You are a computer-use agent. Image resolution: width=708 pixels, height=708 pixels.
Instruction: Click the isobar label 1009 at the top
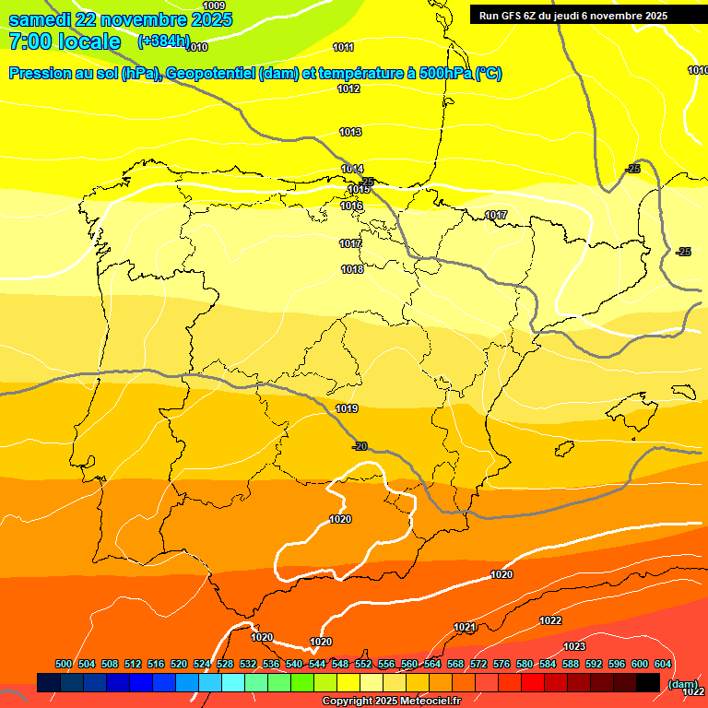pyautogui.click(x=214, y=6)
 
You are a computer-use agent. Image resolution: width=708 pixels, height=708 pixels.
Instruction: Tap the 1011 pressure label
pyautogui.click(x=344, y=47)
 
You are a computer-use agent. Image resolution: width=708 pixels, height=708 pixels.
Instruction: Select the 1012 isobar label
pyautogui.click(x=348, y=88)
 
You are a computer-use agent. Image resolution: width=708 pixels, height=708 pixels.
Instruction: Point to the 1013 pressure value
pyautogui.click(x=350, y=132)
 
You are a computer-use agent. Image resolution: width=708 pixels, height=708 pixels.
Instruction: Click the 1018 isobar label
pyautogui.click(x=352, y=269)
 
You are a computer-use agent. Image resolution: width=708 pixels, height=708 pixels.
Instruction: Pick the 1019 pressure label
pyautogui.click(x=347, y=408)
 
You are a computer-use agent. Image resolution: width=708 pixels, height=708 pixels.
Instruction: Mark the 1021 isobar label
pyautogui.click(x=465, y=627)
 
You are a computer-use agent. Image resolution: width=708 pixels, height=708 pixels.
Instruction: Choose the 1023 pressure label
pyautogui.click(x=574, y=646)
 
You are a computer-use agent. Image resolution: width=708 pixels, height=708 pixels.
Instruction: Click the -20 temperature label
pyautogui.click(x=360, y=446)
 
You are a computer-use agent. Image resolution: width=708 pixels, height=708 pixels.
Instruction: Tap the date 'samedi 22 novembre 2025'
pyautogui.click(x=120, y=19)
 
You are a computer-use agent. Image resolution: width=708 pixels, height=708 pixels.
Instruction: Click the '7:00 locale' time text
pyautogui.click(x=65, y=41)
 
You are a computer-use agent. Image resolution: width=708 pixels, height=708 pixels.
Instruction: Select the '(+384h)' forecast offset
pyautogui.click(x=163, y=41)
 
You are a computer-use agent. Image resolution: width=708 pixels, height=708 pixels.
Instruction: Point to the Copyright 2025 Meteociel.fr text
pyautogui.click(x=391, y=702)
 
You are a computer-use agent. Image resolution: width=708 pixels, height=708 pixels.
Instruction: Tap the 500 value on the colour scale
pyautogui.click(x=64, y=664)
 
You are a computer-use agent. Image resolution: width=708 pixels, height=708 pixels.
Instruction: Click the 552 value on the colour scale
pyautogui.click(x=363, y=664)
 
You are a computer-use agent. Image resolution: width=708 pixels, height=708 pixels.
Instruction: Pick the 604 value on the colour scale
pyautogui.click(x=662, y=664)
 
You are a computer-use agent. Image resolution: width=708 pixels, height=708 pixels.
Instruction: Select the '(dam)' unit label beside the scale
pyautogui.click(x=682, y=684)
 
